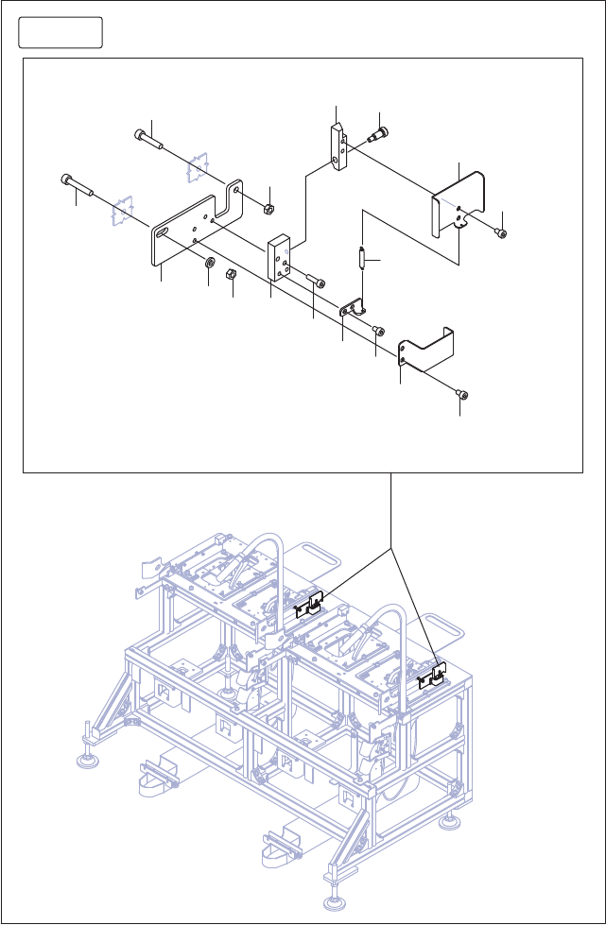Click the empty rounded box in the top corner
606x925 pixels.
pyautogui.click(x=61, y=33)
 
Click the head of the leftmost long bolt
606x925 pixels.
pyautogui.click(x=66, y=180)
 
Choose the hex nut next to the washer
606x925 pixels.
pyautogui.click(x=231, y=275)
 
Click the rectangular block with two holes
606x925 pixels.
pyautogui.click(x=280, y=257)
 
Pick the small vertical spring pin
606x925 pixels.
pyautogui.click(x=362, y=258)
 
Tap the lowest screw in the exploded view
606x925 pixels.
pyautogui.click(x=463, y=395)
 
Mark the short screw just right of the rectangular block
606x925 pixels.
pyautogui.click(x=320, y=283)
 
